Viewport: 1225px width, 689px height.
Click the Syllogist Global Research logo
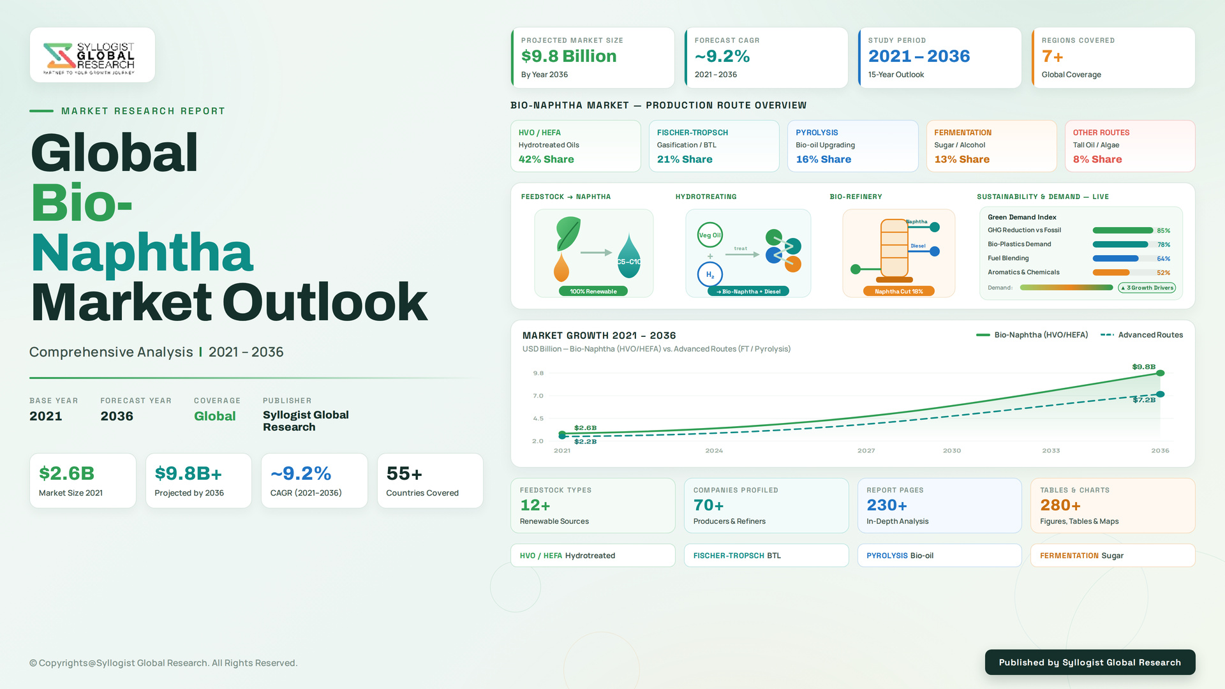(x=89, y=59)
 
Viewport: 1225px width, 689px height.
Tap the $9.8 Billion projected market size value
(x=568, y=56)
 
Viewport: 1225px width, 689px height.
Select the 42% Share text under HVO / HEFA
(x=546, y=159)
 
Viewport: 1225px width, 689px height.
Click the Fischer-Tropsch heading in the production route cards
(x=692, y=133)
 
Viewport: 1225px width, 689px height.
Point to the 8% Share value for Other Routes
(x=1097, y=159)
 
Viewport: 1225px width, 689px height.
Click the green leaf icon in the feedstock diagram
(x=568, y=233)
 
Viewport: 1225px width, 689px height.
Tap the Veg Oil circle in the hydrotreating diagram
(x=709, y=235)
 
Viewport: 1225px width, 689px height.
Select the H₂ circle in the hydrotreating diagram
(x=709, y=275)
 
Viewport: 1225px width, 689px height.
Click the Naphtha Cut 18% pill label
(x=898, y=292)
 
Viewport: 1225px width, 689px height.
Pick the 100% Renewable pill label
(x=593, y=292)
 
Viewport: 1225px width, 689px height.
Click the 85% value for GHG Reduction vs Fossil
(x=1164, y=231)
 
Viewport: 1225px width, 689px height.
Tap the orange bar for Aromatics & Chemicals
(x=1111, y=273)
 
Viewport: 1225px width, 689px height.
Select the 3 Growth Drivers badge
(x=1147, y=288)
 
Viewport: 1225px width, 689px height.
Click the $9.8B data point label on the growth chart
(x=1144, y=367)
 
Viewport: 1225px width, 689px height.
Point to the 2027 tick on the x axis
(x=866, y=451)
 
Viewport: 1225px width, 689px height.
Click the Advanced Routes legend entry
(x=1142, y=335)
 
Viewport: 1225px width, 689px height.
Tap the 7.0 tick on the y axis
(x=538, y=396)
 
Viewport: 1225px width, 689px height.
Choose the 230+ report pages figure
(x=887, y=505)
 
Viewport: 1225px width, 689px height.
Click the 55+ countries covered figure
(x=405, y=473)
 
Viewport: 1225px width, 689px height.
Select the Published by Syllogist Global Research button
(x=1090, y=662)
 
